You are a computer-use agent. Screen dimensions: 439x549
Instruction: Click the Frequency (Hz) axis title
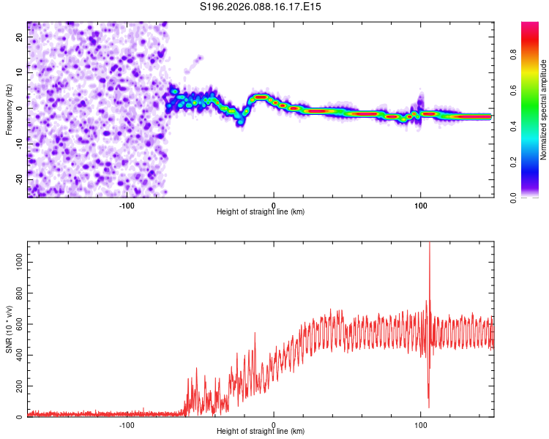click(9, 109)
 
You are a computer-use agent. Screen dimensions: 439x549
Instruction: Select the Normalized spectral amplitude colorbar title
click(544, 109)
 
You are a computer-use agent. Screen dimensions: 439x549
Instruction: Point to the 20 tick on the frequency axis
click(20, 38)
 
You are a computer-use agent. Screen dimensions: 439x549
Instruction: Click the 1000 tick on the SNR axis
click(15, 258)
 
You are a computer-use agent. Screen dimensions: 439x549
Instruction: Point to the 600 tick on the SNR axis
click(17, 322)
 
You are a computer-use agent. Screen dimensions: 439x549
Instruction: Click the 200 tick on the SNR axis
click(17, 386)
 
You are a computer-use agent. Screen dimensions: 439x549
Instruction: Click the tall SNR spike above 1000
click(429, 249)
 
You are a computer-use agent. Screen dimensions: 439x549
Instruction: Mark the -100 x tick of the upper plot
click(127, 205)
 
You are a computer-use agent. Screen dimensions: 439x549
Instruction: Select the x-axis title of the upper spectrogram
click(261, 212)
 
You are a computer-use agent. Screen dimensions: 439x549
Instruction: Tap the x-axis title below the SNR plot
click(261, 432)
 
